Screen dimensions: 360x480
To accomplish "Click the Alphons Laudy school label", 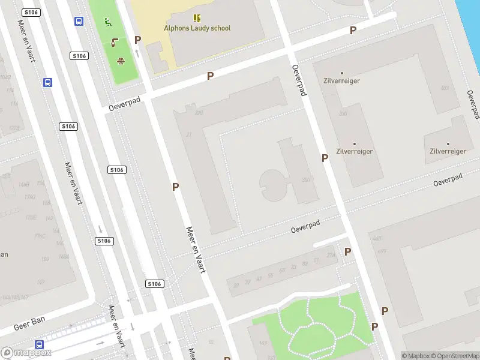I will point(197,28).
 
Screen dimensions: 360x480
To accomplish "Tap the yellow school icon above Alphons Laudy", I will point(197,18).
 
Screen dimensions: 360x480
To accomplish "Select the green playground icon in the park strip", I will point(108,23).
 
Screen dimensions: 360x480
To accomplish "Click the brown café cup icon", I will point(115,42).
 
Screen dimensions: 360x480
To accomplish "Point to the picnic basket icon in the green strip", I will point(120,60).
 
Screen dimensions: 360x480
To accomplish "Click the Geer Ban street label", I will point(29,324).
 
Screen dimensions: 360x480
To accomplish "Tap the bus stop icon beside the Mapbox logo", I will point(40,344).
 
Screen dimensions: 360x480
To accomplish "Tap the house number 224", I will point(330,256).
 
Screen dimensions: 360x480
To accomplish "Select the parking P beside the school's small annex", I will point(137,40).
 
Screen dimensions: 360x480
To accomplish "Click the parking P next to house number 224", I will point(347,252).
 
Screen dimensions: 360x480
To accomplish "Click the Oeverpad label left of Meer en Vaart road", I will point(124,104).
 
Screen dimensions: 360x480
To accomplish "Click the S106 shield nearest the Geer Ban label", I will point(154,284).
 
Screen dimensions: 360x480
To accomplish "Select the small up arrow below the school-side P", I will point(137,53).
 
